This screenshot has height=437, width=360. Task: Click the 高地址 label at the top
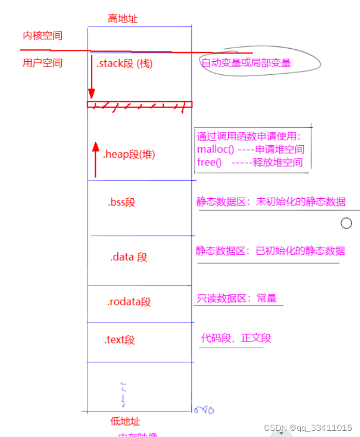coord(123,19)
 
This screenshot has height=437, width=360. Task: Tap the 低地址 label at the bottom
coord(126,421)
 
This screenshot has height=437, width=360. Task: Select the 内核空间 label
coord(43,36)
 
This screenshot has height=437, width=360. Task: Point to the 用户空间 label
coord(43,63)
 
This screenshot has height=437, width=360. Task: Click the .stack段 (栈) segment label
coord(124,63)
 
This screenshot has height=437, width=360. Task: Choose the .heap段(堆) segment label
coord(129,154)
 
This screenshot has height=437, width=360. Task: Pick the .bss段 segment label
coord(121,202)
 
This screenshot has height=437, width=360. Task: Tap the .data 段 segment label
coord(129,257)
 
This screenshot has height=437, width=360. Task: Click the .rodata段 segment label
coord(129,302)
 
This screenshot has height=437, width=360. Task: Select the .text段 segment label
coord(119,340)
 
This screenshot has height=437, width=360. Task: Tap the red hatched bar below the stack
coord(139,105)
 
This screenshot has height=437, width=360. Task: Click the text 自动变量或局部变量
coord(246,63)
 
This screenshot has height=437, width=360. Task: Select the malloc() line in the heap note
coord(251,149)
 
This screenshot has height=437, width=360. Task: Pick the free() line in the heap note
coord(250,162)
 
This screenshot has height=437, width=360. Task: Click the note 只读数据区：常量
coord(237,298)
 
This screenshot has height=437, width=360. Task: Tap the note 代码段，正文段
coord(236,338)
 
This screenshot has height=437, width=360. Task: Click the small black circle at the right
coord(347,223)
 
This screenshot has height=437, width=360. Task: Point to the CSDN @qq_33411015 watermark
coord(308,428)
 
